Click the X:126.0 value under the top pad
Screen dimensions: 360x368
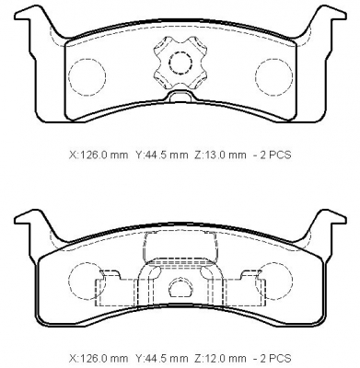coord(98,155)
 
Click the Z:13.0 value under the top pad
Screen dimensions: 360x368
coord(220,155)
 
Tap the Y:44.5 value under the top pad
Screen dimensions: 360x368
coord(161,155)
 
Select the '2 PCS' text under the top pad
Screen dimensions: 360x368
coord(275,155)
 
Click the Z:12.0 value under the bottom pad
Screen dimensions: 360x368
coord(220,358)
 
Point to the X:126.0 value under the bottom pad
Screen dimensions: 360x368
coord(98,358)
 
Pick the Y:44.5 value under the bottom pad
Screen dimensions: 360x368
coord(161,358)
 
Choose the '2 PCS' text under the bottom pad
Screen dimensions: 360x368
coord(275,358)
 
